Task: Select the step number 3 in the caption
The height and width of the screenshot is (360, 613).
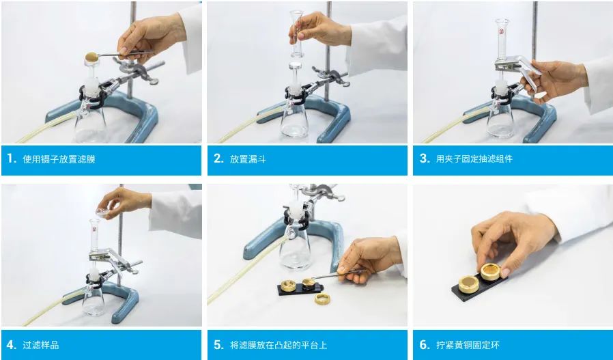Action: tap(425, 158)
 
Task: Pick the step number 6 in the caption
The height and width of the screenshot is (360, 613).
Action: tap(425, 345)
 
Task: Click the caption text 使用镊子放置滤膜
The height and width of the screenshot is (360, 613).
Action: tap(59, 159)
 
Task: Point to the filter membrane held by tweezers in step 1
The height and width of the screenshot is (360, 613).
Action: tap(92, 57)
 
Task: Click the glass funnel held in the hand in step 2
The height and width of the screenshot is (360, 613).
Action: tap(296, 34)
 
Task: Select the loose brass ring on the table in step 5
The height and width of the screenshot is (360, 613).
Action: tap(322, 299)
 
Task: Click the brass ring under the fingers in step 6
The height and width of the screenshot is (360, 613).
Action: tap(490, 272)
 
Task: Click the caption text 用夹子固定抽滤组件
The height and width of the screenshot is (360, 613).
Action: tap(474, 159)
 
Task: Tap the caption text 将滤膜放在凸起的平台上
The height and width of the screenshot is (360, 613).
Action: tap(279, 345)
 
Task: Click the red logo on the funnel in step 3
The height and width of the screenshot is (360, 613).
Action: tap(502, 31)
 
